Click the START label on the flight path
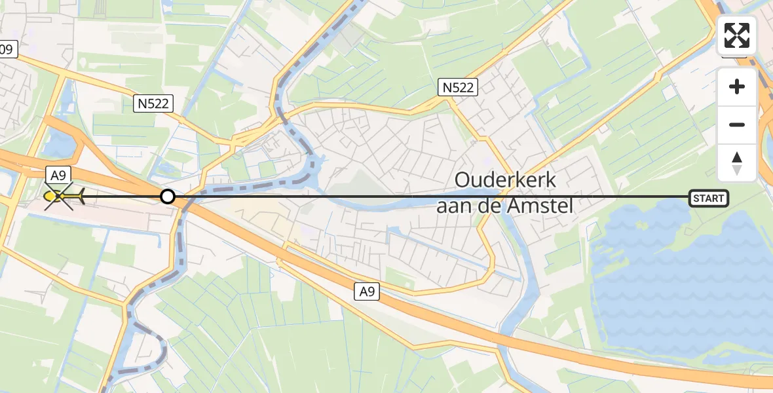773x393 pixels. tap(709, 198)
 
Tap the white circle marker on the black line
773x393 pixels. tap(168, 196)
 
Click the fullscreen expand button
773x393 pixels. tap(737, 35)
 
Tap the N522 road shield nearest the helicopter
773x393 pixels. tap(155, 102)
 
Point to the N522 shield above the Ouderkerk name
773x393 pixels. tap(458, 87)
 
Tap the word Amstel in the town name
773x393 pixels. tap(542, 206)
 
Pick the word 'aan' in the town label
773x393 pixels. tap(453, 206)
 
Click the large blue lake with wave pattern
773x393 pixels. tap(681, 275)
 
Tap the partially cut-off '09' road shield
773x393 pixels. tap(7, 48)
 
